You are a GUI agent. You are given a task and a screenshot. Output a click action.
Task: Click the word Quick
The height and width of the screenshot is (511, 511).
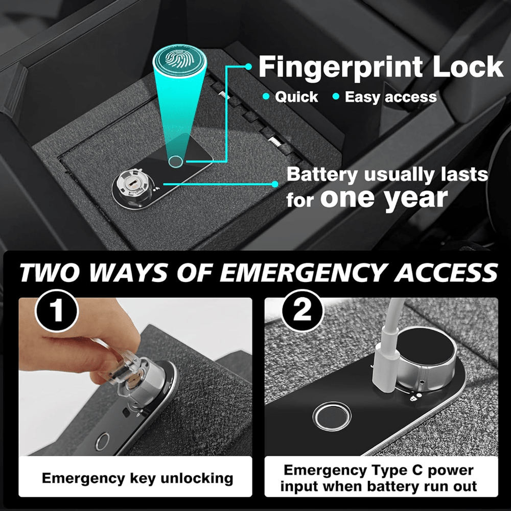(296, 97)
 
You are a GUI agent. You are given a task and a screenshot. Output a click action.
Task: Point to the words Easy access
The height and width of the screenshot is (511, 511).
(390, 97)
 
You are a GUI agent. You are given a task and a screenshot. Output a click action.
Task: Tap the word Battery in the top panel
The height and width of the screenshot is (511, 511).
(322, 175)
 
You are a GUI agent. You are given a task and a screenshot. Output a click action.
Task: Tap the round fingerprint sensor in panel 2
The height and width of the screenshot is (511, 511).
(332, 416)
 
